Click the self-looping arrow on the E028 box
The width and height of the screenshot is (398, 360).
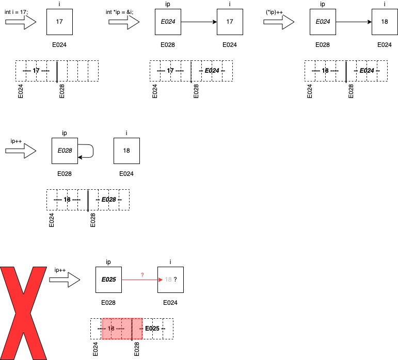click(87, 151)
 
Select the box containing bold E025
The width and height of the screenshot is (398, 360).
click(108, 280)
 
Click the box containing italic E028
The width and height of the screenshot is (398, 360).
click(65, 151)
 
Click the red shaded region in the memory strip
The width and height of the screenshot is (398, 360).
click(122, 329)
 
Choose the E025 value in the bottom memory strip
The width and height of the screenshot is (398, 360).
click(152, 328)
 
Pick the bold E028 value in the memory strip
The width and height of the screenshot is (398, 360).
click(108, 199)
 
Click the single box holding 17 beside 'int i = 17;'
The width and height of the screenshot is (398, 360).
click(59, 22)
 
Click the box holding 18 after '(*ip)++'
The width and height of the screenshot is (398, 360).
click(385, 22)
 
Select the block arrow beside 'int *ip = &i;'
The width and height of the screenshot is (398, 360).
click(124, 22)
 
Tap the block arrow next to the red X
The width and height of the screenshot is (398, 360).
click(65, 280)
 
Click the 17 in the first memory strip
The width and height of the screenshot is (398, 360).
click(36, 70)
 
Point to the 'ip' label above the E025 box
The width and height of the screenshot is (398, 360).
click(108, 262)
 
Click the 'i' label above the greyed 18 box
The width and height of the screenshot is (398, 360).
click(170, 262)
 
